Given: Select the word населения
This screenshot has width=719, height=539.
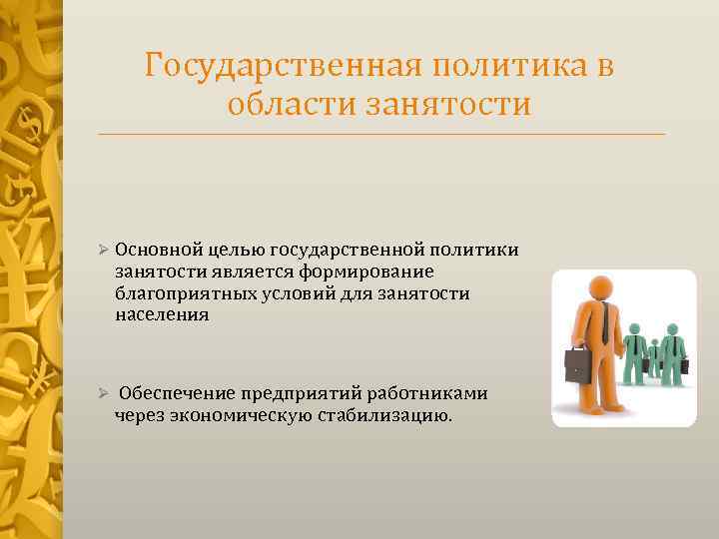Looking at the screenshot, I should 162,314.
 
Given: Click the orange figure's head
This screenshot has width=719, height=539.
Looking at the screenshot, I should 600,286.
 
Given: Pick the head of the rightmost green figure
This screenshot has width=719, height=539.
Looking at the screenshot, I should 672,329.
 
